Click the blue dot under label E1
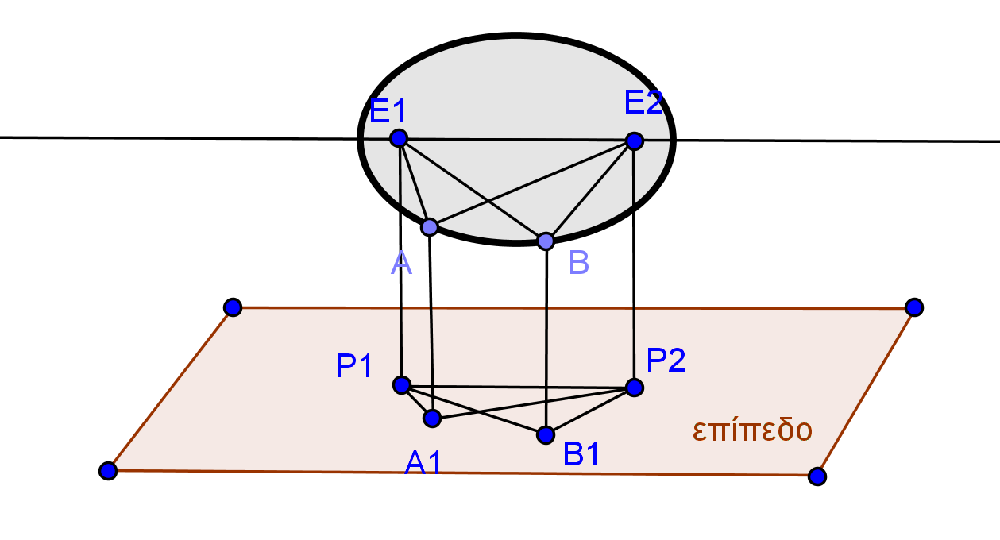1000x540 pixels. point(399,138)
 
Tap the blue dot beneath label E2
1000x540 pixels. point(634,141)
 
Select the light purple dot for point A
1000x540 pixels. point(430,227)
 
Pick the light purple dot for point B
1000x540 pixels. point(546,241)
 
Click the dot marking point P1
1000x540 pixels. point(402,385)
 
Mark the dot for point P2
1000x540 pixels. point(634,388)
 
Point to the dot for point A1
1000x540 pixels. point(432,418)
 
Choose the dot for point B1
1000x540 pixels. point(546,435)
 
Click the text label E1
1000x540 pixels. point(388,111)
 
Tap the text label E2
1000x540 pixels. point(643,103)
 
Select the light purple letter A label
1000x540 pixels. point(401,263)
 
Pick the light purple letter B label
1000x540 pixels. point(579,263)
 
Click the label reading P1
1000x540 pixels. point(354,366)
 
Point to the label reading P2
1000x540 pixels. point(666,361)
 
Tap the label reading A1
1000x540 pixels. point(423,463)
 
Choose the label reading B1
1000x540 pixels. point(581,454)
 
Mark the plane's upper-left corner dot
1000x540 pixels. point(233,307)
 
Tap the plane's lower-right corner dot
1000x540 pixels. point(817,476)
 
